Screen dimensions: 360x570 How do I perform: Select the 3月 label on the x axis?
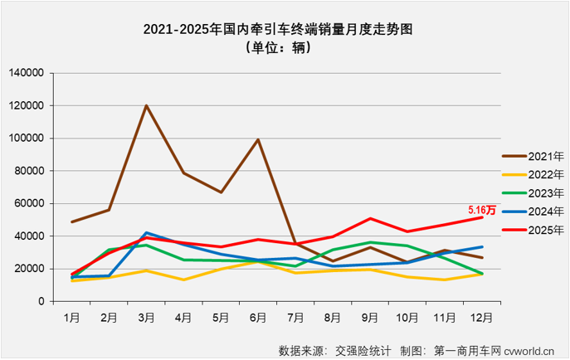pyautogui.click(x=147, y=317)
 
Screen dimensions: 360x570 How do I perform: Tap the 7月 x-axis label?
pyautogui.click(x=295, y=317)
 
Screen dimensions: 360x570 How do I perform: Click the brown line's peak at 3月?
pyautogui.click(x=147, y=105)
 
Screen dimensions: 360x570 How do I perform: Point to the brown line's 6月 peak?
pyautogui.click(x=258, y=139)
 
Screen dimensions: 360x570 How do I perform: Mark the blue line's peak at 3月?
pyautogui.click(x=147, y=233)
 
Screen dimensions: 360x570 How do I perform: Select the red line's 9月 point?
pyautogui.click(x=370, y=218)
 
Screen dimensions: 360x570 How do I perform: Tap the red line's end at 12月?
pyautogui.click(x=482, y=217)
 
